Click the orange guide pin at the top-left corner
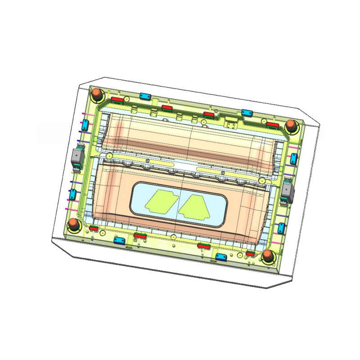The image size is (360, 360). click(x=96, y=94)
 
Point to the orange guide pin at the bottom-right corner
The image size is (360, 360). click(x=268, y=257)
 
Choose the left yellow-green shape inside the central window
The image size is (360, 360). click(x=160, y=201)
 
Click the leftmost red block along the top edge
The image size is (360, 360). click(x=117, y=99)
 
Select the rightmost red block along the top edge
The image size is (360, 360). click(x=272, y=125)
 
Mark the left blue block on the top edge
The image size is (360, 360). click(x=145, y=96)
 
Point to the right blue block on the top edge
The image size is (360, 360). click(x=246, y=113)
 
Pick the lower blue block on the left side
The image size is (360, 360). click(x=72, y=194)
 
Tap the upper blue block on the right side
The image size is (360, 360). click(x=294, y=157)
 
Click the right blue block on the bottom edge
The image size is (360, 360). click(x=220, y=256)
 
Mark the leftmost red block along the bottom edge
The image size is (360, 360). click(x=94, y=229)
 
